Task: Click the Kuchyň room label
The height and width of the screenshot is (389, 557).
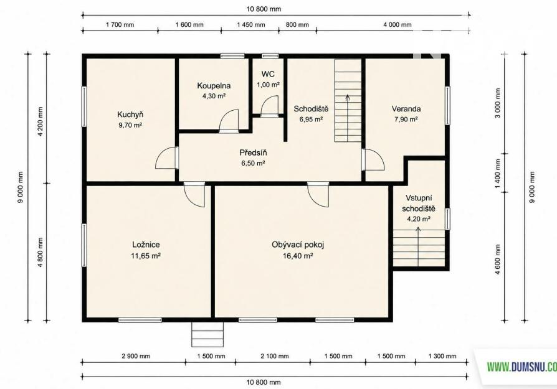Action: (130, 115)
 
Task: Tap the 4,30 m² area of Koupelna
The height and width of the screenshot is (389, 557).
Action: (214, 96)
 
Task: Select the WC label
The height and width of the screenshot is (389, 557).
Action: (268, 74)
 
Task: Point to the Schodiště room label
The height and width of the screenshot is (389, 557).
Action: (311, 109)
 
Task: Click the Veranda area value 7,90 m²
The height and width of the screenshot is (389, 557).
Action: (406, 120)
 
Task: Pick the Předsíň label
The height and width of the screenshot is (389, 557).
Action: (253, 152)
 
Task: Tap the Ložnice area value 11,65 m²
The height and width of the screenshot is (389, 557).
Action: (146, 256)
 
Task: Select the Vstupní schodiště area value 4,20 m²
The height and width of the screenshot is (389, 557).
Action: (419, 219)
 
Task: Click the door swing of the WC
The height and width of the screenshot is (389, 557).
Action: (270, 106)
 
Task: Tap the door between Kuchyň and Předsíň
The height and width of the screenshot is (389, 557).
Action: (167, 157)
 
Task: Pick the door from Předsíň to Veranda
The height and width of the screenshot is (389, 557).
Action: (373, 159)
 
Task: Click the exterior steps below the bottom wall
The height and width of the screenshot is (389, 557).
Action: (207, 334)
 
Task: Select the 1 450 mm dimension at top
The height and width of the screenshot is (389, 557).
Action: (251, 24)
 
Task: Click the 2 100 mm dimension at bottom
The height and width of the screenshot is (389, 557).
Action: (275, 356)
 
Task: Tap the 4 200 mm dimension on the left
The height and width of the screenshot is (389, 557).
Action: (40, 121)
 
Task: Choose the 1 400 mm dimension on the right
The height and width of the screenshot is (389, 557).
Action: (498, 174)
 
